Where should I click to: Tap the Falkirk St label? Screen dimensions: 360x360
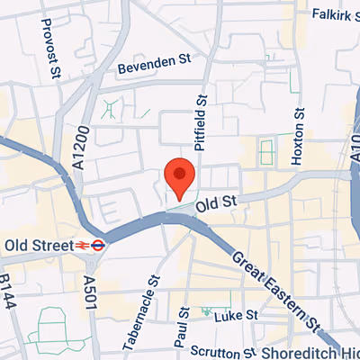[x=335, y=14]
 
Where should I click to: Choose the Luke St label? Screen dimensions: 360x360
[x=240, y=316]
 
